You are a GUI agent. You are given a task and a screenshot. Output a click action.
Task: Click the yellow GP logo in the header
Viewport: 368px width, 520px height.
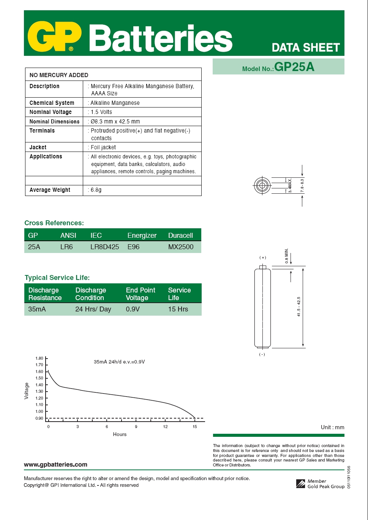tap(55, 37)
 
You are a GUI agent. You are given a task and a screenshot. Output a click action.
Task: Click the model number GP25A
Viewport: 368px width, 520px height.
tap(294, 67)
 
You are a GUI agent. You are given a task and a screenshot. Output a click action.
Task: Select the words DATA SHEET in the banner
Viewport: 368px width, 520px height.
tap(305, 47)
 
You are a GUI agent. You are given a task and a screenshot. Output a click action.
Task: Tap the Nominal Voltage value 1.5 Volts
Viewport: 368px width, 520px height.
tap(101, 112)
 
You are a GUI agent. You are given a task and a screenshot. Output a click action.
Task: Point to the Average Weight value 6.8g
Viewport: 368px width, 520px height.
tap(96, 190)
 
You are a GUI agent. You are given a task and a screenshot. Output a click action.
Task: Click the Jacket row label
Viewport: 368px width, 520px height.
tap(38, 147)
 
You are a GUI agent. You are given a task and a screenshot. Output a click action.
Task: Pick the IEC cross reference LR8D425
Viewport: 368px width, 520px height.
tap(104, 247)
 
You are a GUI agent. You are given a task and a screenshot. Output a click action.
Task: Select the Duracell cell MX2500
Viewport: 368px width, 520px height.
tap(181, 247)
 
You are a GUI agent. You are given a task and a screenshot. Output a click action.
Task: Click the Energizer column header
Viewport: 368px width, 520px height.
tap(142, 236)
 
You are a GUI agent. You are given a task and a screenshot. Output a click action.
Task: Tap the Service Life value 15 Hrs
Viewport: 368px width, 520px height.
tap(178, 309)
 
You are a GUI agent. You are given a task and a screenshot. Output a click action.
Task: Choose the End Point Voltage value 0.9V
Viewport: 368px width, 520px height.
tap(133, 309)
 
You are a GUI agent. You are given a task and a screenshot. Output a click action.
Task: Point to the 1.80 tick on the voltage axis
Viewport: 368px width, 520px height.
tap(39, 358)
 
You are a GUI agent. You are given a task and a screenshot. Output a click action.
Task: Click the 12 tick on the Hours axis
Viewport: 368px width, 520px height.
tap(166, 427)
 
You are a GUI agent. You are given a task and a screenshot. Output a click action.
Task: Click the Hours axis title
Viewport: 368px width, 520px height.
tap(120, 434)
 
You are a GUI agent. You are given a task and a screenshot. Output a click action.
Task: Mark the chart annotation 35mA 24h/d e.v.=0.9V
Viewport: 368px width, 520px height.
tap(119, 362)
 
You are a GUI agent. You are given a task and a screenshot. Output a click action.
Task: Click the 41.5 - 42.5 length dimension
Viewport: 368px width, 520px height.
tap(299, 307)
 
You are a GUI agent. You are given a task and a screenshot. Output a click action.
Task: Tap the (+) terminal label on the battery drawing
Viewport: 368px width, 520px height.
tap(262, 258)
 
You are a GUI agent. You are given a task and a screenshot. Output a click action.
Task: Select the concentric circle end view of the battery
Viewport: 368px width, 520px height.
tap(262, 186)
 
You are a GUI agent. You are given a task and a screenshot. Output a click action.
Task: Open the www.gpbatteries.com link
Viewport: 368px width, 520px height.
tap(55, 464)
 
